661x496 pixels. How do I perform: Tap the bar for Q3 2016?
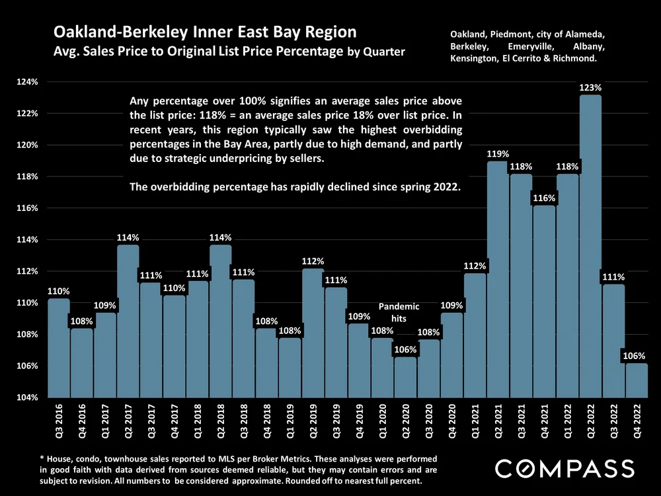coord(59,348)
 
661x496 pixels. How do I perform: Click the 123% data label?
coord(590,87)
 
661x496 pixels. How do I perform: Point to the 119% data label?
coord(498,154)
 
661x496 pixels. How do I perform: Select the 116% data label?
coord(544,198)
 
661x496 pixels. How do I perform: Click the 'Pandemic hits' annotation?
coord(399,312)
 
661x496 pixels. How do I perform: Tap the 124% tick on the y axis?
coord(28,82)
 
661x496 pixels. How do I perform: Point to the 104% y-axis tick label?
coord(28,397)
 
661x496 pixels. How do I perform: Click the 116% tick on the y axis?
coord(28,208)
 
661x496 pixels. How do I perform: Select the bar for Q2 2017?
coord(128,321)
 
